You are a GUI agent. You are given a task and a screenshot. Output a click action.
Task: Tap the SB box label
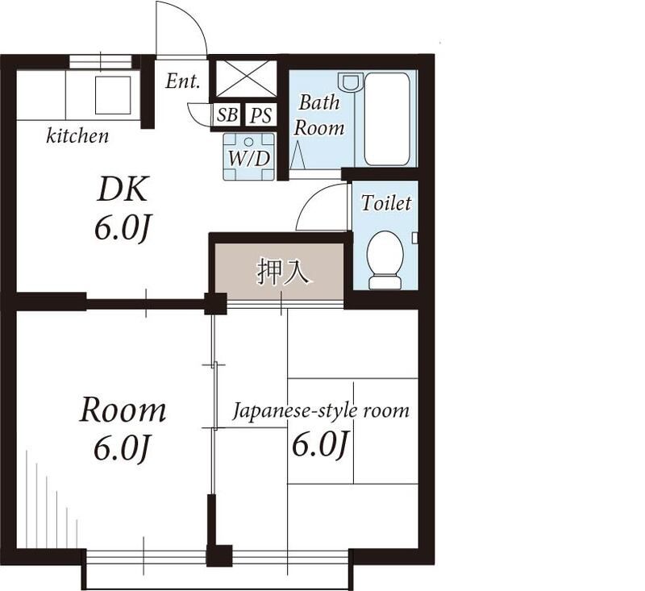pos(227,114)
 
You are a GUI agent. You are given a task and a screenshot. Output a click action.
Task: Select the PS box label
pos(261,114)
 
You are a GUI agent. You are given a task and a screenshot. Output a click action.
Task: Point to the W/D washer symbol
pos(249,156)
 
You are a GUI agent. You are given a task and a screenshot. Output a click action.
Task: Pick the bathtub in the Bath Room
pos(387,119)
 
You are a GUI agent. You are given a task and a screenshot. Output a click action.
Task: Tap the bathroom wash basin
pos(350,81)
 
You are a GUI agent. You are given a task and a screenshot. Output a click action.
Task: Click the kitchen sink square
pos(113,95)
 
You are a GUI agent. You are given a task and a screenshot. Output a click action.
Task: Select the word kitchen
pos(77,135)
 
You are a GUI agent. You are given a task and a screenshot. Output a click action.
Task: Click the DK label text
pos(123,189)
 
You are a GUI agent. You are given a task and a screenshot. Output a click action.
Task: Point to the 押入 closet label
pos(283,272)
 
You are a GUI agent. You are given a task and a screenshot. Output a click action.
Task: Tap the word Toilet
pos(386,202)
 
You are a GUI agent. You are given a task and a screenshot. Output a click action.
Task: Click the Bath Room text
pos(319,115)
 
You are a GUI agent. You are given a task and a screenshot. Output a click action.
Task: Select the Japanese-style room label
pos(321,410)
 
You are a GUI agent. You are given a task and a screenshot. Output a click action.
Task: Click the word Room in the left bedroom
pos(123,410)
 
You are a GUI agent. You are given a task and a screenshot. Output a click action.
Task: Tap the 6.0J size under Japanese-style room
pos(320,444)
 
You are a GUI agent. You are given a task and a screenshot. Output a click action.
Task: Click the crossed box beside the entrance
pos(247,78)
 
